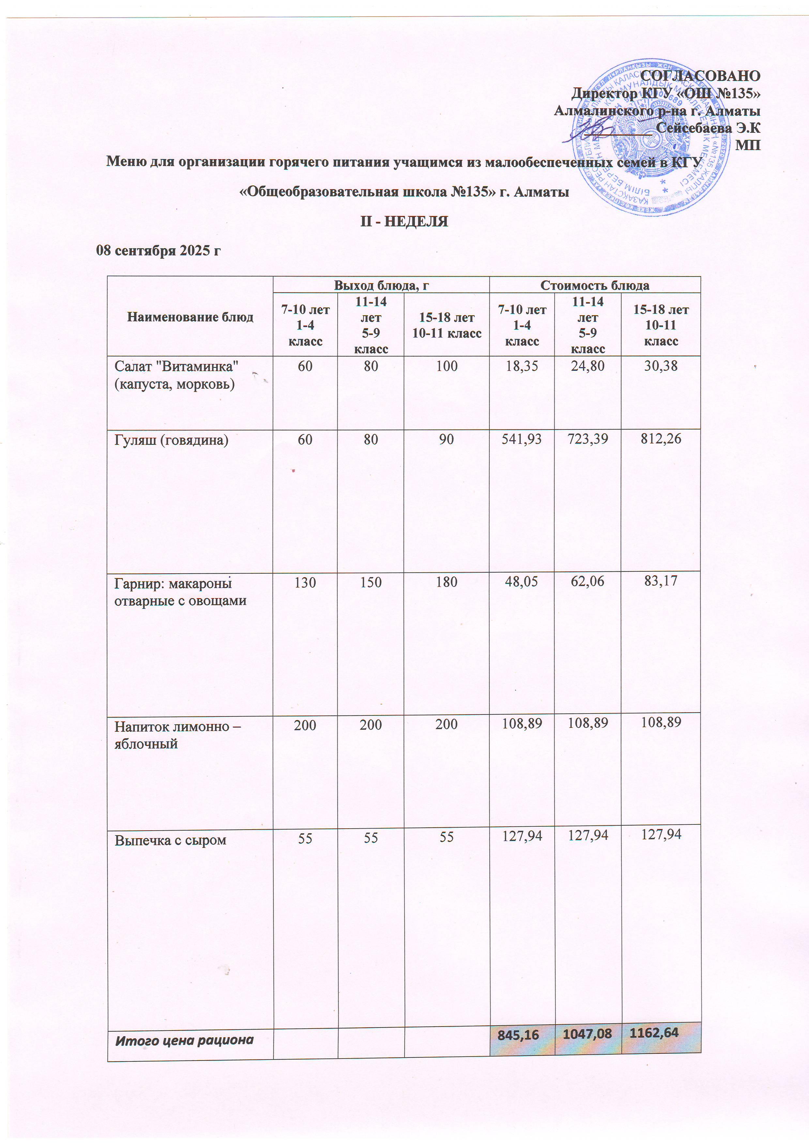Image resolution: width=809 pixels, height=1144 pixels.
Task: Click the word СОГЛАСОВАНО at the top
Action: click(700, 76)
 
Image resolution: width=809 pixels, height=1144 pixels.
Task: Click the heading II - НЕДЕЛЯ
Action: click(404, 221)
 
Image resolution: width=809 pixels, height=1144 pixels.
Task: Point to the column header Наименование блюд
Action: click(190, 317)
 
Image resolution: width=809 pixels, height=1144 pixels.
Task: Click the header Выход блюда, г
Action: click(381, 285)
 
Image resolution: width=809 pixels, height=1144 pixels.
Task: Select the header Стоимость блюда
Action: click(595, 285)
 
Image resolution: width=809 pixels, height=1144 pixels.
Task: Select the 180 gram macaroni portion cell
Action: click(446, 582)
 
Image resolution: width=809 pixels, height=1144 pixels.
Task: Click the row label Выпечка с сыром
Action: click(171, 840)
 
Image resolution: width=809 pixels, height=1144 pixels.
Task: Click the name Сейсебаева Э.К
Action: click(708, 128)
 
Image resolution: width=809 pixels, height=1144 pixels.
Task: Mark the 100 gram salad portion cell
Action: click(446, 366)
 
